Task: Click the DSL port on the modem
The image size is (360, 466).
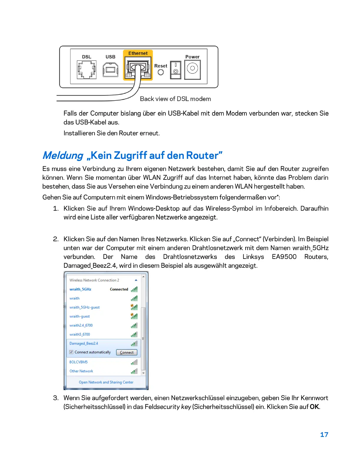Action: (x=86, y=70)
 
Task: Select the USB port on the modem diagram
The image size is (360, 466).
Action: (x=111, y=70)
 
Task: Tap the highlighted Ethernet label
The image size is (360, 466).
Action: (x=138, y=53)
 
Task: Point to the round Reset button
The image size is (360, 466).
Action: (x=161, y=72)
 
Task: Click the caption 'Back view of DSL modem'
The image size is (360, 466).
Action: (x=175, y=99)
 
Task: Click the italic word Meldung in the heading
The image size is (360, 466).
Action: (x=63, y=155)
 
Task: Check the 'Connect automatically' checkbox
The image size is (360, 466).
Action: (x=71, y=352)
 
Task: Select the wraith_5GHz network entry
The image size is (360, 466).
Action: (x=80, y=289)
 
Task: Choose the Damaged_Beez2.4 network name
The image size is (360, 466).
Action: (x=84, y=343)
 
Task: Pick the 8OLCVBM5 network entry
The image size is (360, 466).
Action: (x=79, y=362)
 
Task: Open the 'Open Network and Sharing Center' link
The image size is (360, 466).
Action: (x=106, y=382)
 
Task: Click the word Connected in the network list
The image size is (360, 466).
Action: (x=119, y=289)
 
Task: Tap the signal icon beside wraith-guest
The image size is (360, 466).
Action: (x=134, y=316)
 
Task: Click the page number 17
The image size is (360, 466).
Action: (x=324, y=435)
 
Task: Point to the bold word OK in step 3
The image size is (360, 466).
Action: (x=314, y=407)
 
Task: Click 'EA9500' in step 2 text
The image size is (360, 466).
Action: (x=284, y=257)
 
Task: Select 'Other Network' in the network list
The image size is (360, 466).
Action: (x=81, y=371)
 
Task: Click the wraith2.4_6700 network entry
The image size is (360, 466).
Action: (x=81, y=325)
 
